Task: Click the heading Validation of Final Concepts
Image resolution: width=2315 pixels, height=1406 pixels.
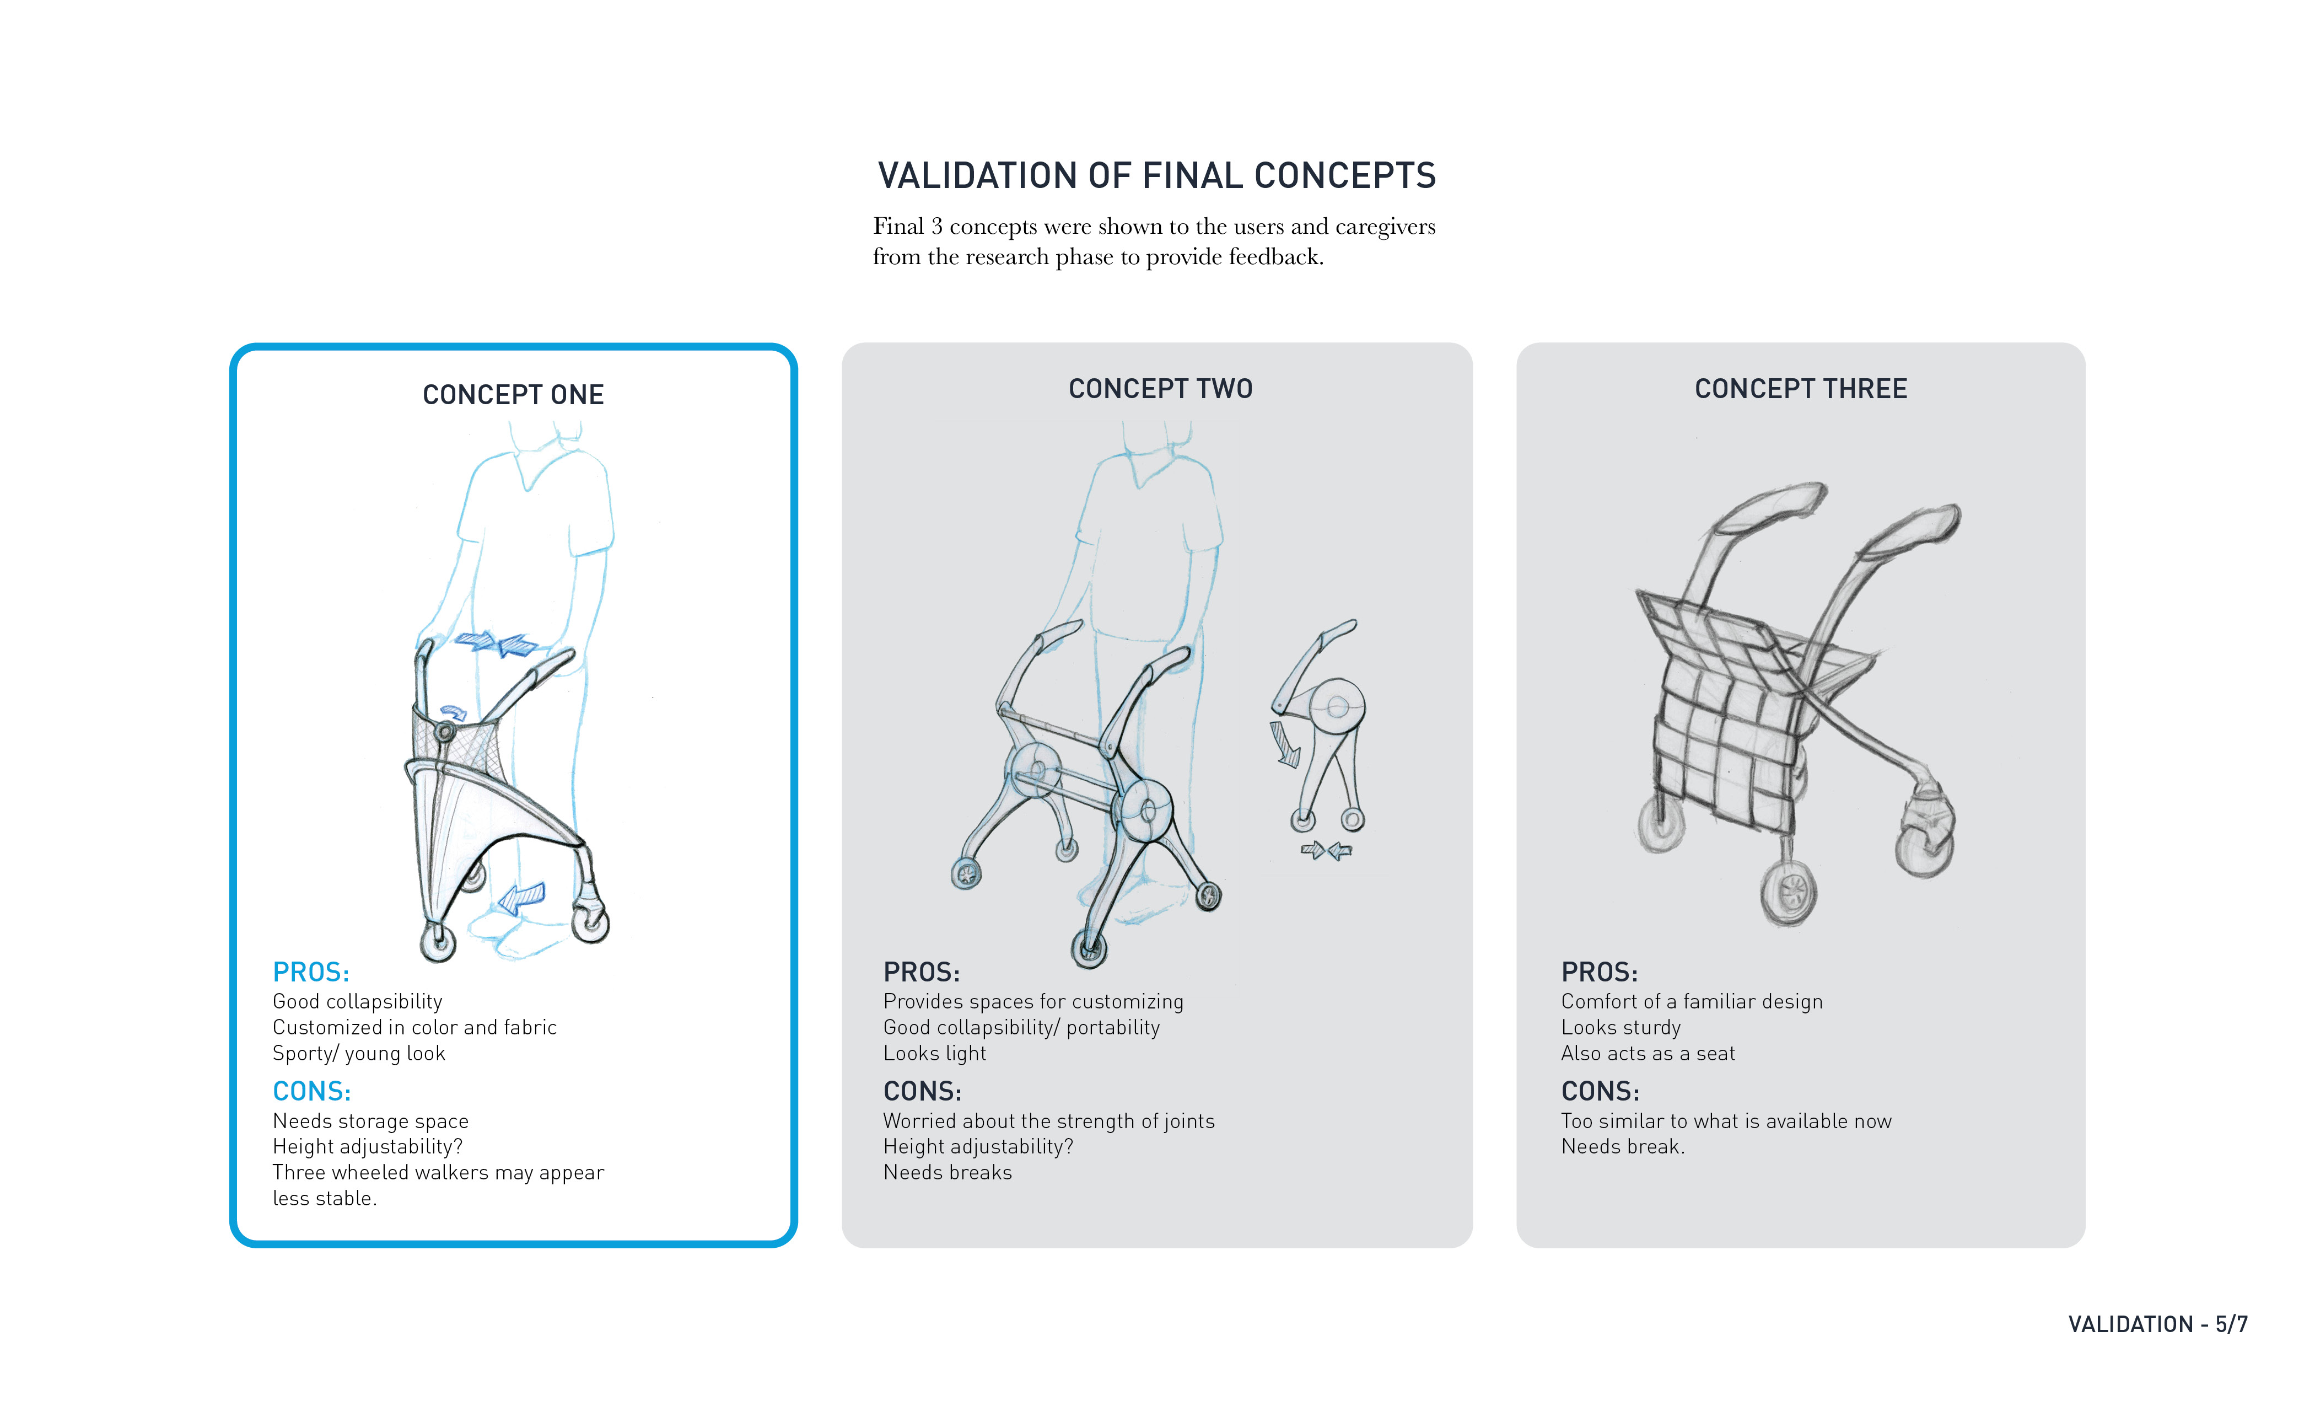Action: tap(1156, 176)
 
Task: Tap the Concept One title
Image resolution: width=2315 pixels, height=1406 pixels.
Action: tap(513, 395)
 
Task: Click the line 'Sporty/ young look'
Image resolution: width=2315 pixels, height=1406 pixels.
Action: tap(359, 1054)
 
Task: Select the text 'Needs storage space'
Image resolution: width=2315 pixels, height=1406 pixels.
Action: tap(370, 1121)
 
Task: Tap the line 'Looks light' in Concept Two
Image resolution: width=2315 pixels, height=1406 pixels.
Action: tap(935, 1054)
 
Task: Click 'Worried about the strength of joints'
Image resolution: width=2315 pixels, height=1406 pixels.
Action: tap(1048, 1121)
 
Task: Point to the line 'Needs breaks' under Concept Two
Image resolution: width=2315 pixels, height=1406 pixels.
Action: tap(947, 1173)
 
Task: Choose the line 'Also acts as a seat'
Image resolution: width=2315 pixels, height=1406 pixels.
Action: tap(1648, 1054)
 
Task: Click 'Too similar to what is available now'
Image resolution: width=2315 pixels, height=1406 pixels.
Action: tap(1726, 1121)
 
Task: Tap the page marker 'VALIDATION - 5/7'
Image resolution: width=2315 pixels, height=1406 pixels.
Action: tap(2157, 1324)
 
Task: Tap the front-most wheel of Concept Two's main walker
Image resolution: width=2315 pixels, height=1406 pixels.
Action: tap(1090, 949)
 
